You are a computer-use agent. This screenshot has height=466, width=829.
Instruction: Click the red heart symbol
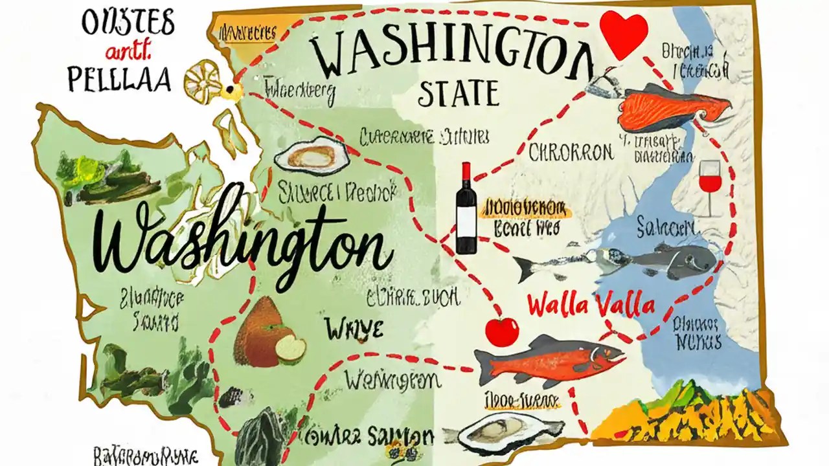point(623,32)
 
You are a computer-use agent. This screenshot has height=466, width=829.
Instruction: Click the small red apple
point(502,331)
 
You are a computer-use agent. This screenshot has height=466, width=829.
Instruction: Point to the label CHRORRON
point(571,153)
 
